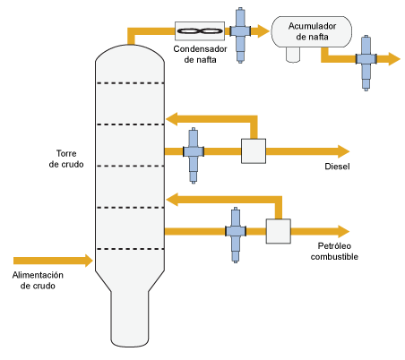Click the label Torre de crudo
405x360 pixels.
pyautogui.click(x=66, y=159)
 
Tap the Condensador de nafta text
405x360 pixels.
pyautogui.click(x=200, y=54)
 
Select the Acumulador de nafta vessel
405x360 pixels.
pyautogui.click(x=312, y=31)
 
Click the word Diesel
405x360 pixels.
pyautogui.click(x=337, y=167)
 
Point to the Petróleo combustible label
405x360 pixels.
pyautogui.click(x=334, y=251)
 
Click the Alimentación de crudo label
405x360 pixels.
pyautogui.click(x=38, y=280)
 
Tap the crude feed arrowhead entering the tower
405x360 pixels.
pyautogui.click(x=89, y=261)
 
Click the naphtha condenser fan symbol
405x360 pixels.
pyautogui.click(x=200, y=30)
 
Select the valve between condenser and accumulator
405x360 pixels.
pyautogui.click(x=240, y=35)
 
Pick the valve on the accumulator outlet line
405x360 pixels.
pyautogui.click(x=366, y=63)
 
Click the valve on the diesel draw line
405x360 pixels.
pyautogui.click(x=194, y=155)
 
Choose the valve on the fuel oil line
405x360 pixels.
pyautogui.click(x=236, y=235)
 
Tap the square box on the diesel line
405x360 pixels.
pyautogui.click(x=254, y=151)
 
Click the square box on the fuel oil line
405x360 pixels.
pyautogui.click(x=279, y=231)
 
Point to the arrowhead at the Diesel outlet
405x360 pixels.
pyautogui.click(x=343, y=151)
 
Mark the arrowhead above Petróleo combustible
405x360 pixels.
pyautogui.click(x=343, y=231)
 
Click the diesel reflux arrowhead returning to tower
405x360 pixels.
pyautogui.click(x=172, y=119)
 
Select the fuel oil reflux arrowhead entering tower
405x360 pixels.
pyautogui.click(x=172, y=200)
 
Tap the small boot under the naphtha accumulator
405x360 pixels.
pyautogui.click(x=293, y=55)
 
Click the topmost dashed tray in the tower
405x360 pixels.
pyautogui.click(x=130, y=83)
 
